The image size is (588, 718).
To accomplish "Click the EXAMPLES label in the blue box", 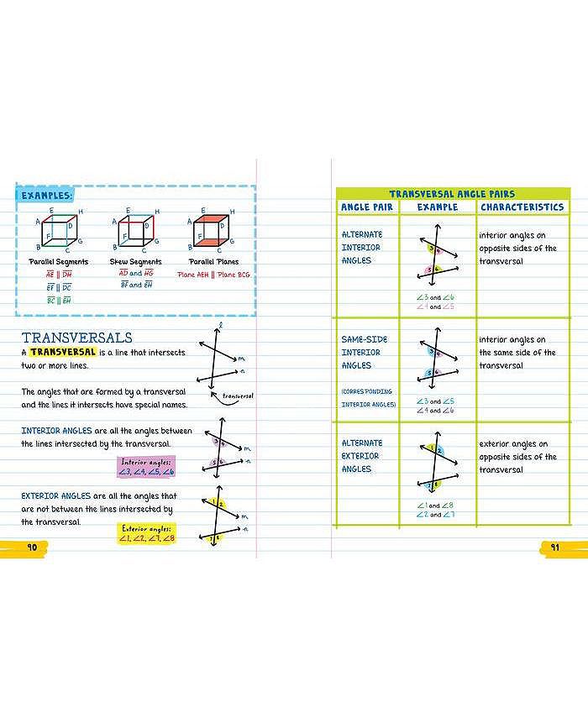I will (x=46, y=195).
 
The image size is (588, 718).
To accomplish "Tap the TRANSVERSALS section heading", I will (x=76, y=338).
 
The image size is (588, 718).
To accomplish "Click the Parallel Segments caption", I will (x=58, y=262).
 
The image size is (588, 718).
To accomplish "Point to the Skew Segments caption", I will (x=135, y=262).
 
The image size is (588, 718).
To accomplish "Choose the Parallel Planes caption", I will (x=213, y=262).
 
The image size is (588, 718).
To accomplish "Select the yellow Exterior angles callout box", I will (x=146, y=533).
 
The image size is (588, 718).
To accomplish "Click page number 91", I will (x=554, y=548).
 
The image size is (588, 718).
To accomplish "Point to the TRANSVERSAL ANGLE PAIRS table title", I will (x=452, y=194).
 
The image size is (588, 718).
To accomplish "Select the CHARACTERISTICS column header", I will (x=522, y=207).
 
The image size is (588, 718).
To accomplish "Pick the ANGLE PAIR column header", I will (x=366, y=207).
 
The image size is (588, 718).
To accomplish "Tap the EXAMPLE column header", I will (x=437, y=207).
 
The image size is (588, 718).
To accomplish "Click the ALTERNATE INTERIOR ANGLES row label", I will (x=362, y=248).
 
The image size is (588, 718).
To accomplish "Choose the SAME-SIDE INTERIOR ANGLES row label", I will (x=364, y=353).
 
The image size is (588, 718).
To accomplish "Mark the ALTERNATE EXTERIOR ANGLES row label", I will (x=362, y=456).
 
